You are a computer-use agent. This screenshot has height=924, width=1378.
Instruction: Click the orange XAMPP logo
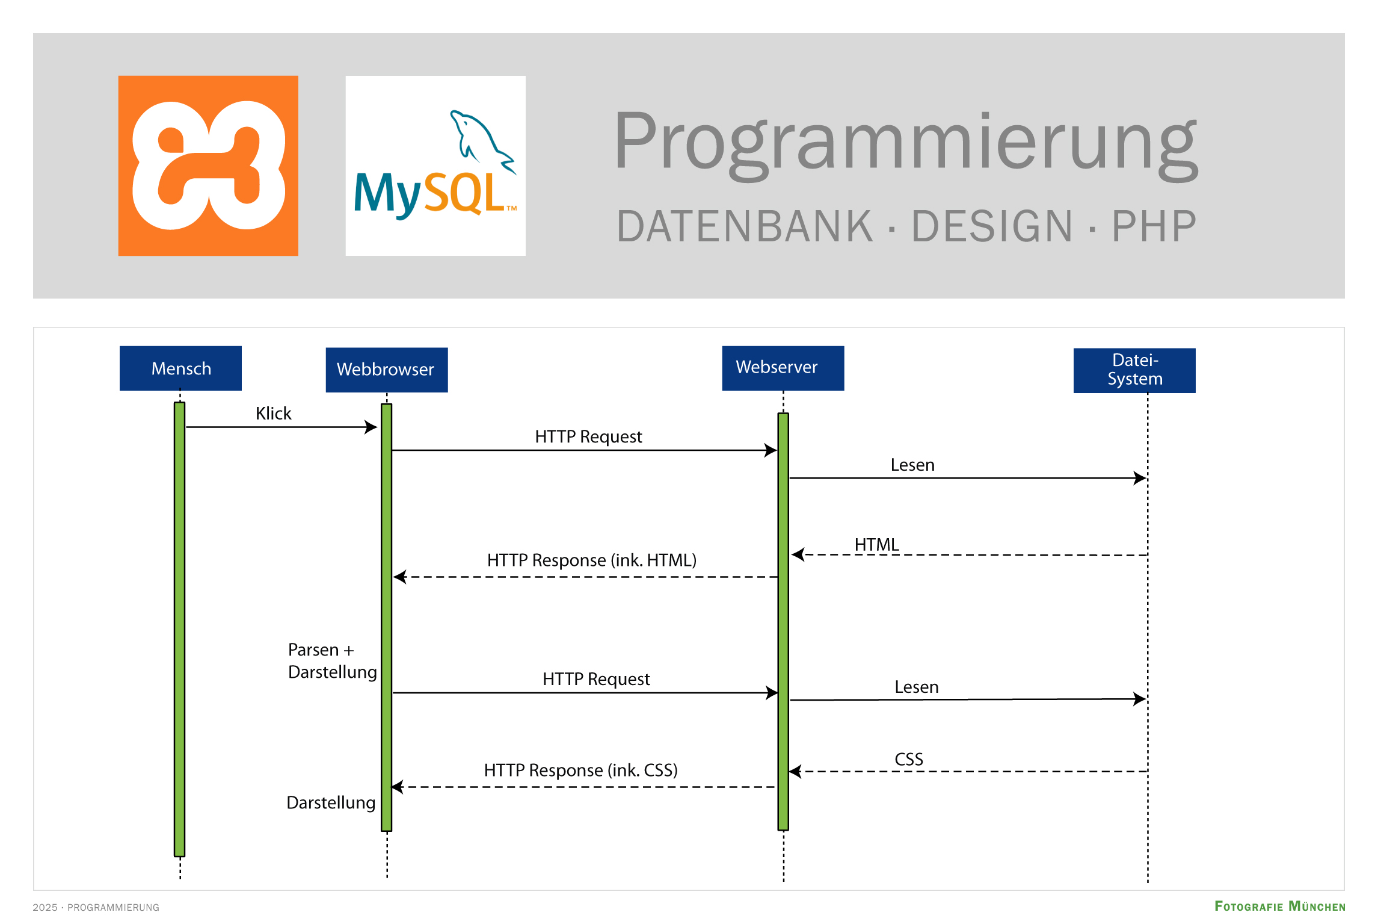[208, 166]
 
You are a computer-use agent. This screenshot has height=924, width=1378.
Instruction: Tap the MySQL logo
[435, 166]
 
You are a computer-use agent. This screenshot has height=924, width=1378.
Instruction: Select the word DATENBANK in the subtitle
[745, 227]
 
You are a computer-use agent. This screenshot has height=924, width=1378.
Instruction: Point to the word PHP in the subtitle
[1154, 227]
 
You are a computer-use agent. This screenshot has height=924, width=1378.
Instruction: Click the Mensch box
[180, 368]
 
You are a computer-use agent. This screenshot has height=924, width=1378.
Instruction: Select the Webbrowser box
[386, 370]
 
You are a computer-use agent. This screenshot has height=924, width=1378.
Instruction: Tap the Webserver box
[783, 368]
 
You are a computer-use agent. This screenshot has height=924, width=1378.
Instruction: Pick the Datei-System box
[1134, 370]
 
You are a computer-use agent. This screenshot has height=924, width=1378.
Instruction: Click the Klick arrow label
[273, 414]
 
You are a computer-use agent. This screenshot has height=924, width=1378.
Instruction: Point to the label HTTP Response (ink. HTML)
[591, 560]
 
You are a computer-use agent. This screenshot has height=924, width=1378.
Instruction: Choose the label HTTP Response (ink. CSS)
[580, 771]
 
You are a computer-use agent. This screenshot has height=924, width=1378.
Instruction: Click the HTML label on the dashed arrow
[876, 545]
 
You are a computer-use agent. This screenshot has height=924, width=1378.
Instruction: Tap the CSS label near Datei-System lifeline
[908, 760]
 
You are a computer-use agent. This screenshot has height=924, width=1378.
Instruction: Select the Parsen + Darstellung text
[332, 661]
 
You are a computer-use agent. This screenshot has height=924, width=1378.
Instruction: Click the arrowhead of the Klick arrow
[372, 427]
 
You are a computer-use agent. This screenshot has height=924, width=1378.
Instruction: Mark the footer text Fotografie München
[1279, 907]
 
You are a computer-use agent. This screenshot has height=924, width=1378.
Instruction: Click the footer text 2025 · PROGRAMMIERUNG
[96, 907]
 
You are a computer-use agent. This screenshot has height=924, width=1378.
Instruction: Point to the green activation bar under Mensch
[179, 629]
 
